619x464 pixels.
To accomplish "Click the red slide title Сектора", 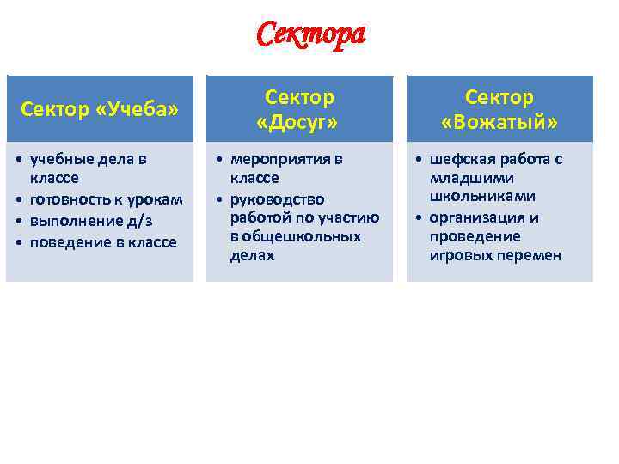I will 310,35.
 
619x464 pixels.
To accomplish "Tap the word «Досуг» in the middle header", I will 298,122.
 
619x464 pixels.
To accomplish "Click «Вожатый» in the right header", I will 499,122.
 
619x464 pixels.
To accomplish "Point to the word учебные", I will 64,159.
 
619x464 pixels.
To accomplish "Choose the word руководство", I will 277,199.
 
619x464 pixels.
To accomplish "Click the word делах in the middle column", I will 252,255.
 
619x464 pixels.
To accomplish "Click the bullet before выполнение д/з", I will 19,221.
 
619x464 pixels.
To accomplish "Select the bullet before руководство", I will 219,199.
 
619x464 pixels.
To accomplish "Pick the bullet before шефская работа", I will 419,159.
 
